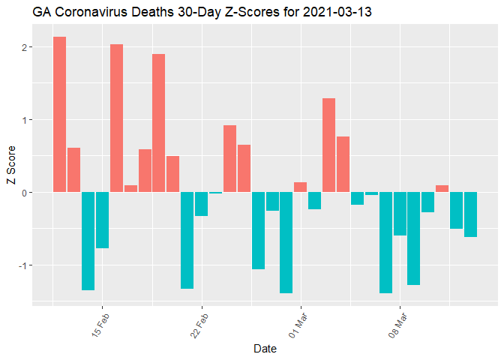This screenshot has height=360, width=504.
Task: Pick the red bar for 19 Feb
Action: tap(158, 123)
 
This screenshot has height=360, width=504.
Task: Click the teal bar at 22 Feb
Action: tap(201, 204)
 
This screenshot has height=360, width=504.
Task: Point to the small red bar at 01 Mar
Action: tap(300, 187)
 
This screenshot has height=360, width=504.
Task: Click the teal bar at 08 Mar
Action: tap(399, 214)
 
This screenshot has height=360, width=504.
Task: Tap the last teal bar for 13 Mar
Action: tap(470, 214)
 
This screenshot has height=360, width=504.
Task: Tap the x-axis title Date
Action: tap(265, 349)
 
